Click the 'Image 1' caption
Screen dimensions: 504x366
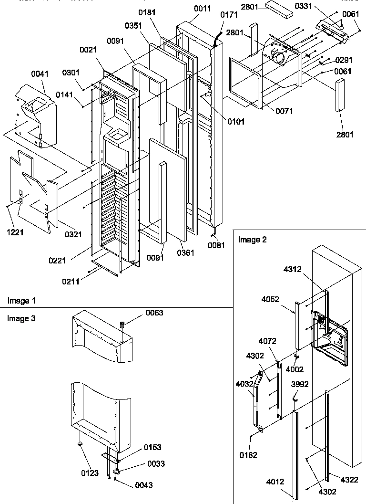[x=21, y=301]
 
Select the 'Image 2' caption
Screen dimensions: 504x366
[x=252, y=240]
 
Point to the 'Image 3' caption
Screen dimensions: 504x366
[x=21, y=318]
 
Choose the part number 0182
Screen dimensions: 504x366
[x=248, y=455]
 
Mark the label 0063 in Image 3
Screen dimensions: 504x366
[x=153, y=313]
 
